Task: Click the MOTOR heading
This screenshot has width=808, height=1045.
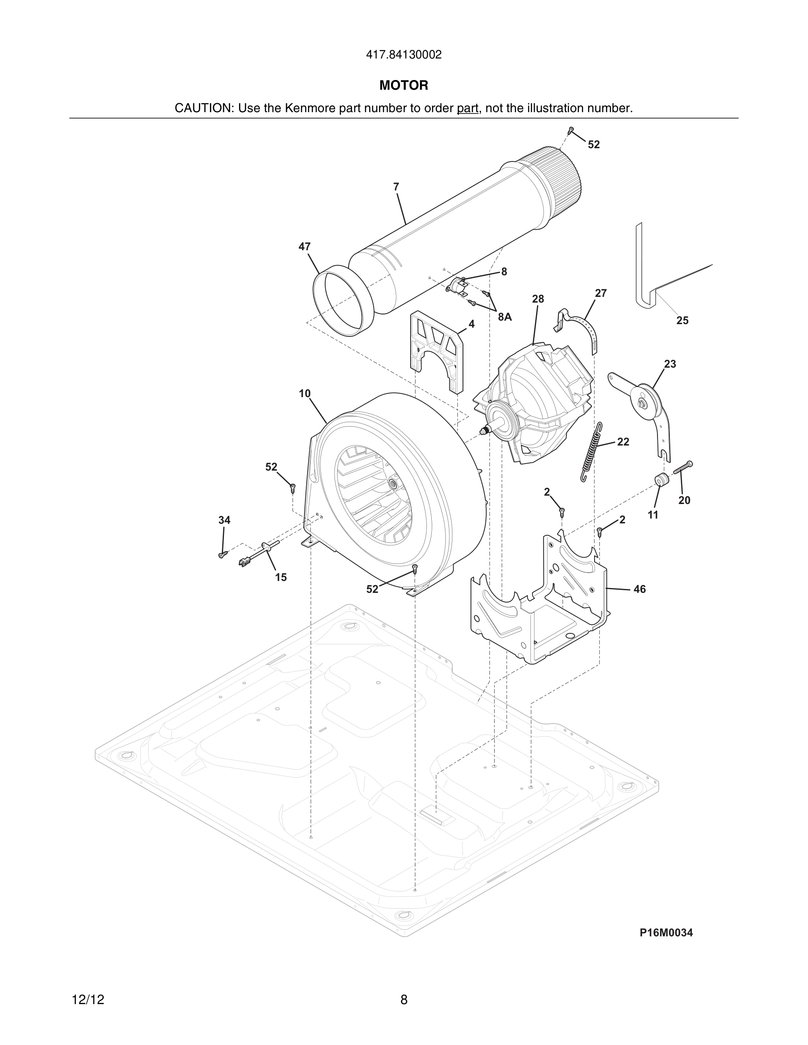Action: point(404,86)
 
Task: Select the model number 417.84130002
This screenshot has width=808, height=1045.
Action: point(404,55)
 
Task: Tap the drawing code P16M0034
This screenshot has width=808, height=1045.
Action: point(666,932)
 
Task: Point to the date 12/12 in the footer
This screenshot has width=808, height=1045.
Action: point(88,1000)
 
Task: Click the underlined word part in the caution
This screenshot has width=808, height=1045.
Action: point(467,109)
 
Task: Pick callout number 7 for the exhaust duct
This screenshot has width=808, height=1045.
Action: point(396,187)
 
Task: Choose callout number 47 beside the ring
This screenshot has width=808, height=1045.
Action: point(305,246)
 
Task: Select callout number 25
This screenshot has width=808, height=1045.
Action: point(682,321)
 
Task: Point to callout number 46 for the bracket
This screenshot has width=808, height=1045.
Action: point(639,589)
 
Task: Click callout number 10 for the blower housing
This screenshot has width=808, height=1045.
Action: point(305,393)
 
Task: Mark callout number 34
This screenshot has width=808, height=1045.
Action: point(224,520)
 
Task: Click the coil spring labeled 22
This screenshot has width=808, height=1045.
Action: point(591,452)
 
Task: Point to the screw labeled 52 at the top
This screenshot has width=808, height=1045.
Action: point(571,130)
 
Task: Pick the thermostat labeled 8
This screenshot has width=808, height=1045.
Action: point(458,286)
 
